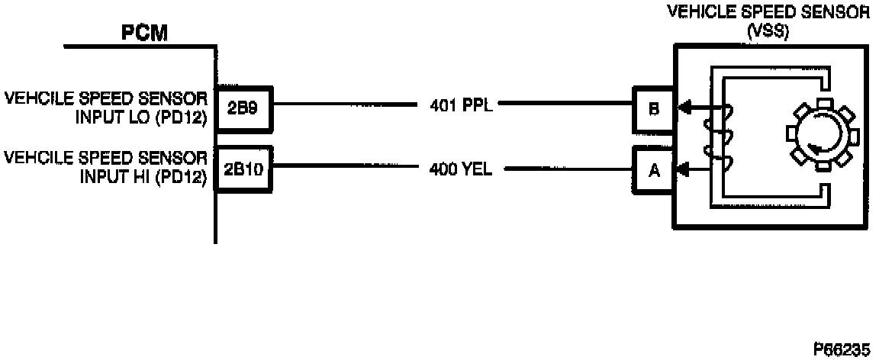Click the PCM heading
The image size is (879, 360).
[144, 34]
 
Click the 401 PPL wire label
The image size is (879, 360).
[462, 105]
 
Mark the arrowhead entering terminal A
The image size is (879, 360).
[684, 169]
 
